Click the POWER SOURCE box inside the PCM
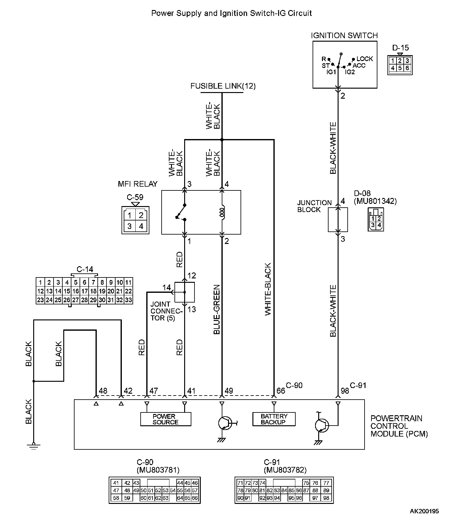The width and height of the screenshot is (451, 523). point(166,419)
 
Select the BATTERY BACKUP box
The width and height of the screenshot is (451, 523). point(274,419)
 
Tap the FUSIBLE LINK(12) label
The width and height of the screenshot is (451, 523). point(223,86)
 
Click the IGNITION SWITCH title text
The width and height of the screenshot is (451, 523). point(344,36)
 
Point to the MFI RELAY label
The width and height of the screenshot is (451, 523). point(138,184)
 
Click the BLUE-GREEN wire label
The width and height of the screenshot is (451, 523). point(217,309)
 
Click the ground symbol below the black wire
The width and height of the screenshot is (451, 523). point(34,446)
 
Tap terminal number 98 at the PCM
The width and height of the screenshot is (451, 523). point(345,391)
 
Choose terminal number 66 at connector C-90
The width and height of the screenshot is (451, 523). point(281,391)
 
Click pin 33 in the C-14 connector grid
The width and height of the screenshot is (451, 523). point(128,300)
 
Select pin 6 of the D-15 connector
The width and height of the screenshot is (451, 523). point(407,68)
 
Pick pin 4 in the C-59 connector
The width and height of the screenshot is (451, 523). point(141,226)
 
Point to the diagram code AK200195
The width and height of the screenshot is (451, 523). point(424,511)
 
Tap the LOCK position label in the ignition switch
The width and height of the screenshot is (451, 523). point(365,59)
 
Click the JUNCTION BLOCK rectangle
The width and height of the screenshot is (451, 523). point(338,219)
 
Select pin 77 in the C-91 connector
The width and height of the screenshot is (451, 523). point(326,483)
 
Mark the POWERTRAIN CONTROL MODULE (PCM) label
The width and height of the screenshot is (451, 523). point(399,426)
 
